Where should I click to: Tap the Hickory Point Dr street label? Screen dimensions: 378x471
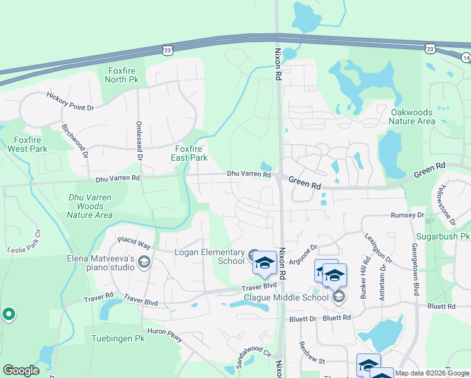click(70, 101)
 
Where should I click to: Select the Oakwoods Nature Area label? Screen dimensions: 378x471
click(412, 117)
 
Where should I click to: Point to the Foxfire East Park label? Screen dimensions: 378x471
click(190, 153)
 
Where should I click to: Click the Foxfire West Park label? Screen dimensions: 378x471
click(28, 144)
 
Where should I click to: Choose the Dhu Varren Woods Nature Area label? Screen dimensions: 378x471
click(90, 206)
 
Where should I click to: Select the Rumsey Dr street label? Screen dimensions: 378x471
click(407, 215)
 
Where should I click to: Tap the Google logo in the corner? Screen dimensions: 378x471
click(21, 370)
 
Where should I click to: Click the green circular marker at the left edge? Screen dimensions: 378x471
click(8, 314)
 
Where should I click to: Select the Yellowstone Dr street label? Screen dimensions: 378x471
click(448, 205)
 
